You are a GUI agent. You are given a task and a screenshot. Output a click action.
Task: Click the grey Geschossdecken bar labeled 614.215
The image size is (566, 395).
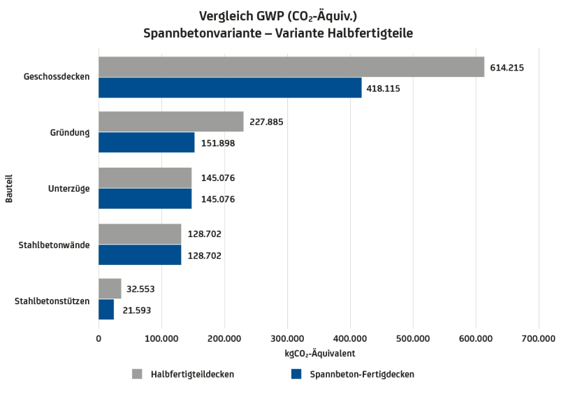(x=291, y=67)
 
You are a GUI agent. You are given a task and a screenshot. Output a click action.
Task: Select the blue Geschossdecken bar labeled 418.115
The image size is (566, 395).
(x=230, y=88)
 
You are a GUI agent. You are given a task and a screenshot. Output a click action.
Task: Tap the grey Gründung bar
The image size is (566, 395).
(x=170, y=122)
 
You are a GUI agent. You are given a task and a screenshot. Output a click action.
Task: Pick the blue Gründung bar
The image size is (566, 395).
(x=146, y=143)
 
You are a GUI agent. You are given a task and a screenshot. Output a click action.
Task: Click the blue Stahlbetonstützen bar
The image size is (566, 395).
(x=106, y=310)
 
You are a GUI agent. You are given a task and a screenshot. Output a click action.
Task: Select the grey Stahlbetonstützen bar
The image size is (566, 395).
(x=110, y=289)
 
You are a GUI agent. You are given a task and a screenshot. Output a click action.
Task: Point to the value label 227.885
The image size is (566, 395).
(x=266, y=122)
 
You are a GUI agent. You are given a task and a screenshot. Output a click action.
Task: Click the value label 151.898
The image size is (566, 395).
(x=217, y=143)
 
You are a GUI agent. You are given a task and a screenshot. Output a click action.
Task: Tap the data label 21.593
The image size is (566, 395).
(x=136, y=310)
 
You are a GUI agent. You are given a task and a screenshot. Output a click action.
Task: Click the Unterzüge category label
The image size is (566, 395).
(x=68, y=189)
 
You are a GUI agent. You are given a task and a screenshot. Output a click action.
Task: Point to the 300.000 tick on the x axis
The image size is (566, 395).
(x=287, y=339)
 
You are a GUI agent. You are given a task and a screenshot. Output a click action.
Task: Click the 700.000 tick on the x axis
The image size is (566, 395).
(x=538, y=339)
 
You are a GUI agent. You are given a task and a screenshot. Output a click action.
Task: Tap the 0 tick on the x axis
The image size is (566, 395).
(x=99, y=339)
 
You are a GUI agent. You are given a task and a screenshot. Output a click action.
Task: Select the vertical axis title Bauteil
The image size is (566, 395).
(x=10, y=189)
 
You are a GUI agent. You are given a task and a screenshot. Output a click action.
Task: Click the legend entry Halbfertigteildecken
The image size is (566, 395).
(x=192, y=375)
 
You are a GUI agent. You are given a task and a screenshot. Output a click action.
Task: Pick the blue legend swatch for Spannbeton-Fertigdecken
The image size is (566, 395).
(x=296, y=374)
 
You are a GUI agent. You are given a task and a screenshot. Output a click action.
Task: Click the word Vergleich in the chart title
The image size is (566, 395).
(x=224, y=15)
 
